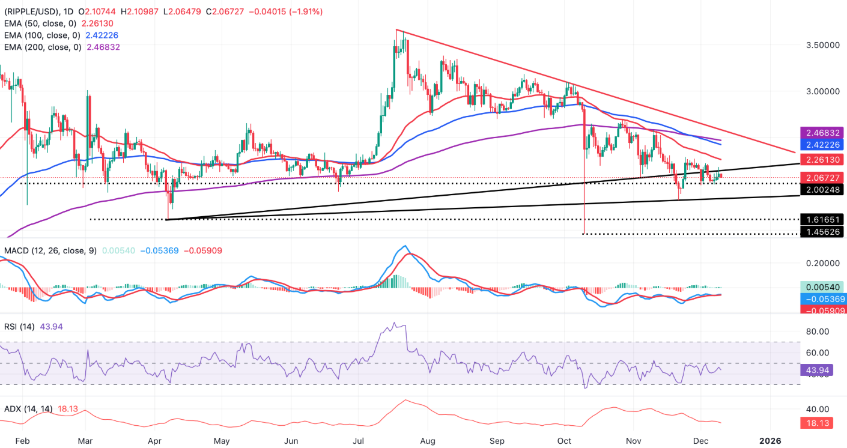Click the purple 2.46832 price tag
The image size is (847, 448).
tap(822, 132)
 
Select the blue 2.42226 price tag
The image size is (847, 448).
tap(822, 145)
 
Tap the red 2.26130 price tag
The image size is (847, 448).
tap(822, 160)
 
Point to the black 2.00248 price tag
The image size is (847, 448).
tap(822, 190)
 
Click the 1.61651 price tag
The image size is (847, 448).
tap(822, 219)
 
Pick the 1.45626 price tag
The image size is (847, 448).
tap(822, 232)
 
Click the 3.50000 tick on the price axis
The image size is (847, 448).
tap(821, 45)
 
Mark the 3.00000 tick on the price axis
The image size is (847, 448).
tap(821, 91)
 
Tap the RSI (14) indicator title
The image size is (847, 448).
tap(20, 327)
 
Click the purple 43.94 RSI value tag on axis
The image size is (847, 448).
tap(822, 371)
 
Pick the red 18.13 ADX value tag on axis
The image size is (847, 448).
tap(822, 423)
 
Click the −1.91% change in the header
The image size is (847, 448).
tap(306, 11)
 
